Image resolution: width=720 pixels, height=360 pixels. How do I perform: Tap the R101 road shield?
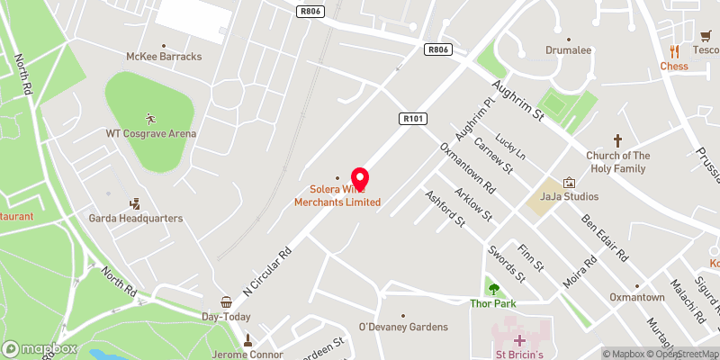(x=410, y=118)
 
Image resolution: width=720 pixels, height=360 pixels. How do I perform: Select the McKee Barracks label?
(x=163, y=56)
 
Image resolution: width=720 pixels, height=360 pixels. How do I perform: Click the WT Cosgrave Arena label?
(x=150, y=133)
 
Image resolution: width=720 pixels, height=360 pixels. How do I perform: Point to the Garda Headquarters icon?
(x=135, y=204)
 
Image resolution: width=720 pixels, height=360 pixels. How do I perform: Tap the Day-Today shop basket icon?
(x=225, y=303)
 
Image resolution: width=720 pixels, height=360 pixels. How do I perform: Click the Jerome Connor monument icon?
(x=248, y=339)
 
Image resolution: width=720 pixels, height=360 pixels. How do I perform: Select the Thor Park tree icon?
(x=492, y=289)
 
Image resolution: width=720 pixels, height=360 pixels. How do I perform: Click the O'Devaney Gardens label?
(x=403, y=326)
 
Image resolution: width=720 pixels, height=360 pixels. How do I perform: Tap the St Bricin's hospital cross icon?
(x=519, y=340)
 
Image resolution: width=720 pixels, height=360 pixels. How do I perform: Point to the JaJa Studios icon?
(x=568, y=182)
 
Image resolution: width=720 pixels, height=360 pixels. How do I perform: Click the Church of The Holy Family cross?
(x=617, y=140)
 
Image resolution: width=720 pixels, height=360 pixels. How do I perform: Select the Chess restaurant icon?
(x=673, y=51)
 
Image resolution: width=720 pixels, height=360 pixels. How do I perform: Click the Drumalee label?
(x=568, y=50)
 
